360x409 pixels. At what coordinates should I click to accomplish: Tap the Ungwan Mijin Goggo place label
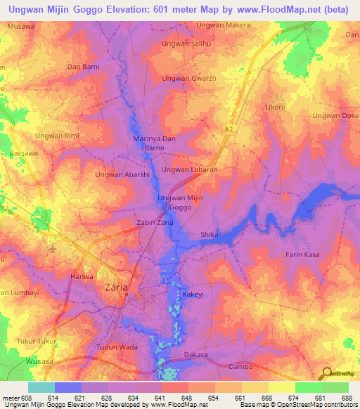point(180,203)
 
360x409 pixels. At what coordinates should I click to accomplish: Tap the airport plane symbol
point(53,249)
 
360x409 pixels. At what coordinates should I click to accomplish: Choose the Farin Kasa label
point(302,254)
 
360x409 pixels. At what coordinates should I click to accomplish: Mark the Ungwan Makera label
point(223,25)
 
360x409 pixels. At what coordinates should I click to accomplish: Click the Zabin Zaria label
point(154,222)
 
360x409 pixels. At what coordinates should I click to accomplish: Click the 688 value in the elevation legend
point(345,397)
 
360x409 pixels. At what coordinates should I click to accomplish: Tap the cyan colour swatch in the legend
point(41,387)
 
